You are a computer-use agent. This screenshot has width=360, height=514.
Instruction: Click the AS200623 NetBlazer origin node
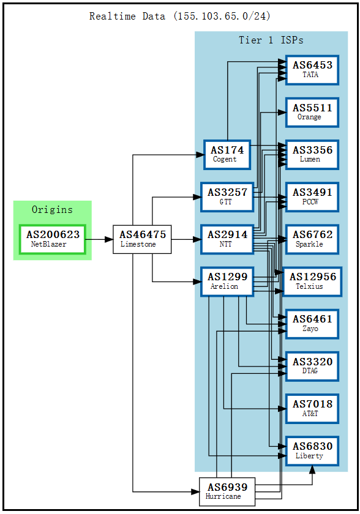pos(53,239)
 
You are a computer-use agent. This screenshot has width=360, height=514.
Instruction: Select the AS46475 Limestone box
pos(142,239)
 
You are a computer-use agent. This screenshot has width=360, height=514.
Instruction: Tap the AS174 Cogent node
pos(227,154)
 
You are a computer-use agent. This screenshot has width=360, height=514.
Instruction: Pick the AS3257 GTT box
pos(227,196)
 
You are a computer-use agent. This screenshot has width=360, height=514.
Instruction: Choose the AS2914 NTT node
pos(227,239)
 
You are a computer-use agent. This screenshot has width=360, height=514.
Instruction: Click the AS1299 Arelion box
pos(227,281)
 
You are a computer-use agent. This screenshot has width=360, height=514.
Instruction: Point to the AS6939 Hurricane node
pos(227,492)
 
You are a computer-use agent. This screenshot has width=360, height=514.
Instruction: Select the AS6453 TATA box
pos(312,69)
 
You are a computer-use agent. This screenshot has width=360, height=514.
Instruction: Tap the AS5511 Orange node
pos(312,112)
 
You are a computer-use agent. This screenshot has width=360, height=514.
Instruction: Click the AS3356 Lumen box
pos(312,154)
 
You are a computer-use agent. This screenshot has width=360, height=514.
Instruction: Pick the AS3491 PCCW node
pos(312,196)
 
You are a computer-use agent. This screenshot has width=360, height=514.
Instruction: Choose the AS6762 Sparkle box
pos(312,239)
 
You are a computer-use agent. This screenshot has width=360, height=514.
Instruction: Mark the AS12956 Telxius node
pos(312,281)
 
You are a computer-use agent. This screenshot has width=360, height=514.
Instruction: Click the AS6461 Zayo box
pos(312,324)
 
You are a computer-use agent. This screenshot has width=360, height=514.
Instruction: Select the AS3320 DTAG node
pos(312,366)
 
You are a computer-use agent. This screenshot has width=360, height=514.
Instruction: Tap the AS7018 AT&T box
pos(312,409)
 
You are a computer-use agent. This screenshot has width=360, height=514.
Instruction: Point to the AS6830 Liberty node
pos(312,451)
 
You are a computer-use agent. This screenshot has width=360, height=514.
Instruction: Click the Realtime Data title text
pos(180,17)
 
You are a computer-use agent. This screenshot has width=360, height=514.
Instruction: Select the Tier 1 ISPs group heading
pos(271,40)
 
